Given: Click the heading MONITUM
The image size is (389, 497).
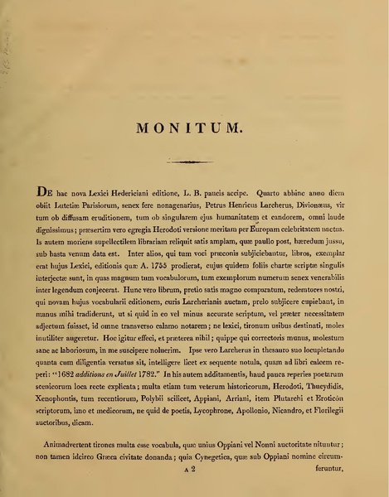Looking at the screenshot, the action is [x=193, y=128].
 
